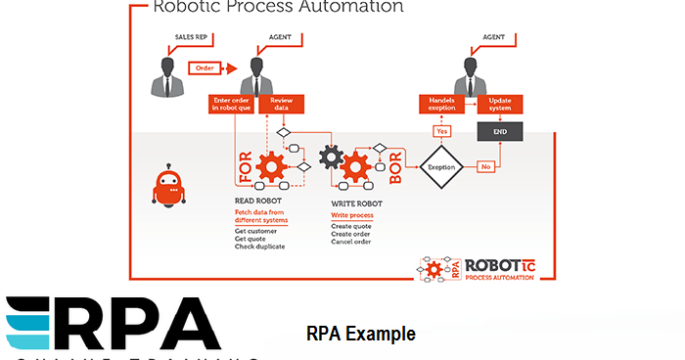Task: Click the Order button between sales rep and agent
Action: point(205,67)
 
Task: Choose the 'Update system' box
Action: point(499,105)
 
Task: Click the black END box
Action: point(499,131)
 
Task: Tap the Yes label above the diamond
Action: point(441,131)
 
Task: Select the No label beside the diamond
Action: point(485,167)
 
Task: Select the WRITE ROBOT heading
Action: point(356,203)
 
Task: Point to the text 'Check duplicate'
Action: point(259,246)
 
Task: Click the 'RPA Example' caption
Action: point(361,335)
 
